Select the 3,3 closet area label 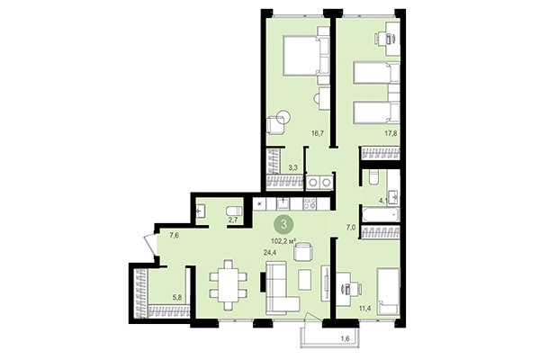pyautogui.click(x=293, y=166)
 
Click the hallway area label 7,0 pyautogui.click(x=352, y=229)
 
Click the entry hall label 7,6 pyautogui.click(x=174, y=236)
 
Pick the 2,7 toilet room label pyautogui.click(x=232, y=219)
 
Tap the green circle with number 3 pyautogui.click(x=285, y=224)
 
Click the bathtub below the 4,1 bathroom pyautogui.click(x=379, y=236)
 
